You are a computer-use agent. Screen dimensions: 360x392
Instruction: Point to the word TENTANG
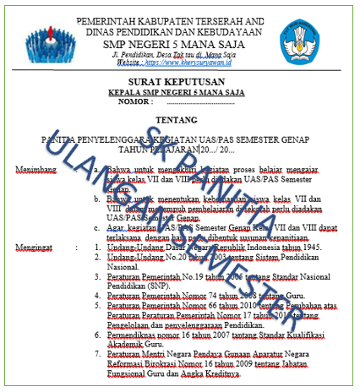(x=182, y=120)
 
